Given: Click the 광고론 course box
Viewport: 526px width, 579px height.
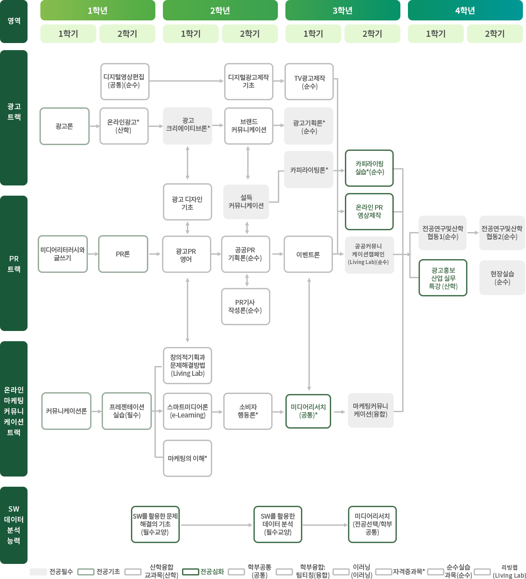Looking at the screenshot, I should (64, 126).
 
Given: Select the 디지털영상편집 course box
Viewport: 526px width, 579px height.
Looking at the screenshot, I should (125, 81).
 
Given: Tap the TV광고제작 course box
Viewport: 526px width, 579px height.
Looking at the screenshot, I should (309, 81).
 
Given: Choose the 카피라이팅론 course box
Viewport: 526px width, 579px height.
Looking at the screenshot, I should (308, 169).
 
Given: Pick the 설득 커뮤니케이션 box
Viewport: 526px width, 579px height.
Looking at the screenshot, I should (246, 202).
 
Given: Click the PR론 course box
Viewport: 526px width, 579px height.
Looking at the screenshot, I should (123, 254).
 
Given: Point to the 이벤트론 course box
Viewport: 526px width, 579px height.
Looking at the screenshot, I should (308, 254).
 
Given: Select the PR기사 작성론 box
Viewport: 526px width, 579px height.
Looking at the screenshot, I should (245, 307).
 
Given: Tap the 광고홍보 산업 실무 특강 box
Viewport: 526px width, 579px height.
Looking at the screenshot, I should (443, 278).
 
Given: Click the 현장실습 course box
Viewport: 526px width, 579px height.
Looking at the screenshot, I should (502, 278).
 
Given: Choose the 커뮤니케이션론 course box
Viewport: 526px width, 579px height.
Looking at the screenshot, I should (66, 411).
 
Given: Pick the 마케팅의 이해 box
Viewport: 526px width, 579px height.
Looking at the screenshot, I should (187, 458).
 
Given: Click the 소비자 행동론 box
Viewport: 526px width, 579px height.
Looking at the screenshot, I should (248, 411).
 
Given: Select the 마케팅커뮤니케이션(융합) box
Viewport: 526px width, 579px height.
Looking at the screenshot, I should (370, 410).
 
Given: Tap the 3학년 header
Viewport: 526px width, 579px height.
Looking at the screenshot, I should (343, 11).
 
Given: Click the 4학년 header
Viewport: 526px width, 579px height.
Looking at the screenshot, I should (465, 11).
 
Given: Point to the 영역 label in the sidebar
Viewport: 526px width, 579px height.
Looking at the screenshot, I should (14, 21).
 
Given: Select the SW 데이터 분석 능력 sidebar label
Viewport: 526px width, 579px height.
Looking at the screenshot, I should (14, 525).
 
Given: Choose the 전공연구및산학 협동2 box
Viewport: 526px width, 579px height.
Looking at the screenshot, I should (502, 232).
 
